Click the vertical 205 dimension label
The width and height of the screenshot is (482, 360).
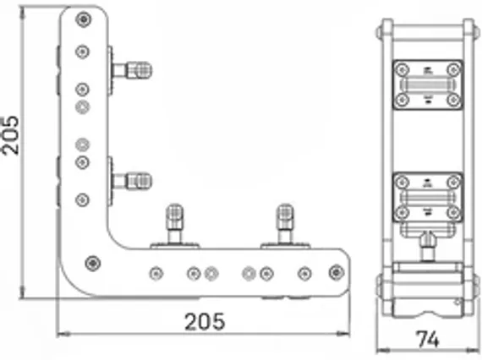(x=10, y=135)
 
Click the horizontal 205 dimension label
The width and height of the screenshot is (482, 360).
(x=205, y=321)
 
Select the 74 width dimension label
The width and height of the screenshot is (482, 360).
(x=428, y=340)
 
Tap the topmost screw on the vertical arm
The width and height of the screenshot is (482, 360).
(x=84, y=19)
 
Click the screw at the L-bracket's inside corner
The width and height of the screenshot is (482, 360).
(x=92, y=264)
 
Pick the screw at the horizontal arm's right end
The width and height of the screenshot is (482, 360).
(x=337, y=272)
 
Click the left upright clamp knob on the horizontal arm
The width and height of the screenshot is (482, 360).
(x=174, y=224)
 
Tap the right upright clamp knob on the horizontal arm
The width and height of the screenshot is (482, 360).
(x=285, y=224)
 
